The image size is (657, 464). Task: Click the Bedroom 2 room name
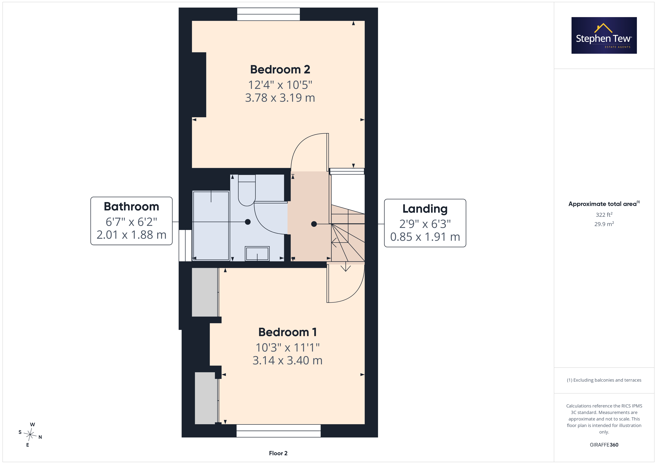(280, 69)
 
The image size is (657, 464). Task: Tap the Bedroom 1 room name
(287, 332)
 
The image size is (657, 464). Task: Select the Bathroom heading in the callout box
(131, 207)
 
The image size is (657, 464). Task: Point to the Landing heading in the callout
(425, 209)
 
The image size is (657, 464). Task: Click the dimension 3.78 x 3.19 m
(280, 98)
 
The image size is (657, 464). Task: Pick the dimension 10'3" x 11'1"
(287, 347)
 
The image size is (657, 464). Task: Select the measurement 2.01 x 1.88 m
(131, 235)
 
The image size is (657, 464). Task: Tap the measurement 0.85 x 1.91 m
(425, 237)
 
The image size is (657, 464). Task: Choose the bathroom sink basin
(257, 253)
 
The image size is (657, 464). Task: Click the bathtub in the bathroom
(211, 225)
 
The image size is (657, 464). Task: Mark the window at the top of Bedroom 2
(268, 14)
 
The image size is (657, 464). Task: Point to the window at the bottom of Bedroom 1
(278, 431)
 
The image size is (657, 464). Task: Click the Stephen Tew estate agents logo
(604, 36)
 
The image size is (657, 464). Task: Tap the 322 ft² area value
(604, 215)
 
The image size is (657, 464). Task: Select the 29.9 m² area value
(604, 224)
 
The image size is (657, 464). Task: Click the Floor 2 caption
(278, 453)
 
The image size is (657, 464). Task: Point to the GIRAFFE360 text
(604, 445)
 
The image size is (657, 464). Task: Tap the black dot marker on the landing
(314, 224)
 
